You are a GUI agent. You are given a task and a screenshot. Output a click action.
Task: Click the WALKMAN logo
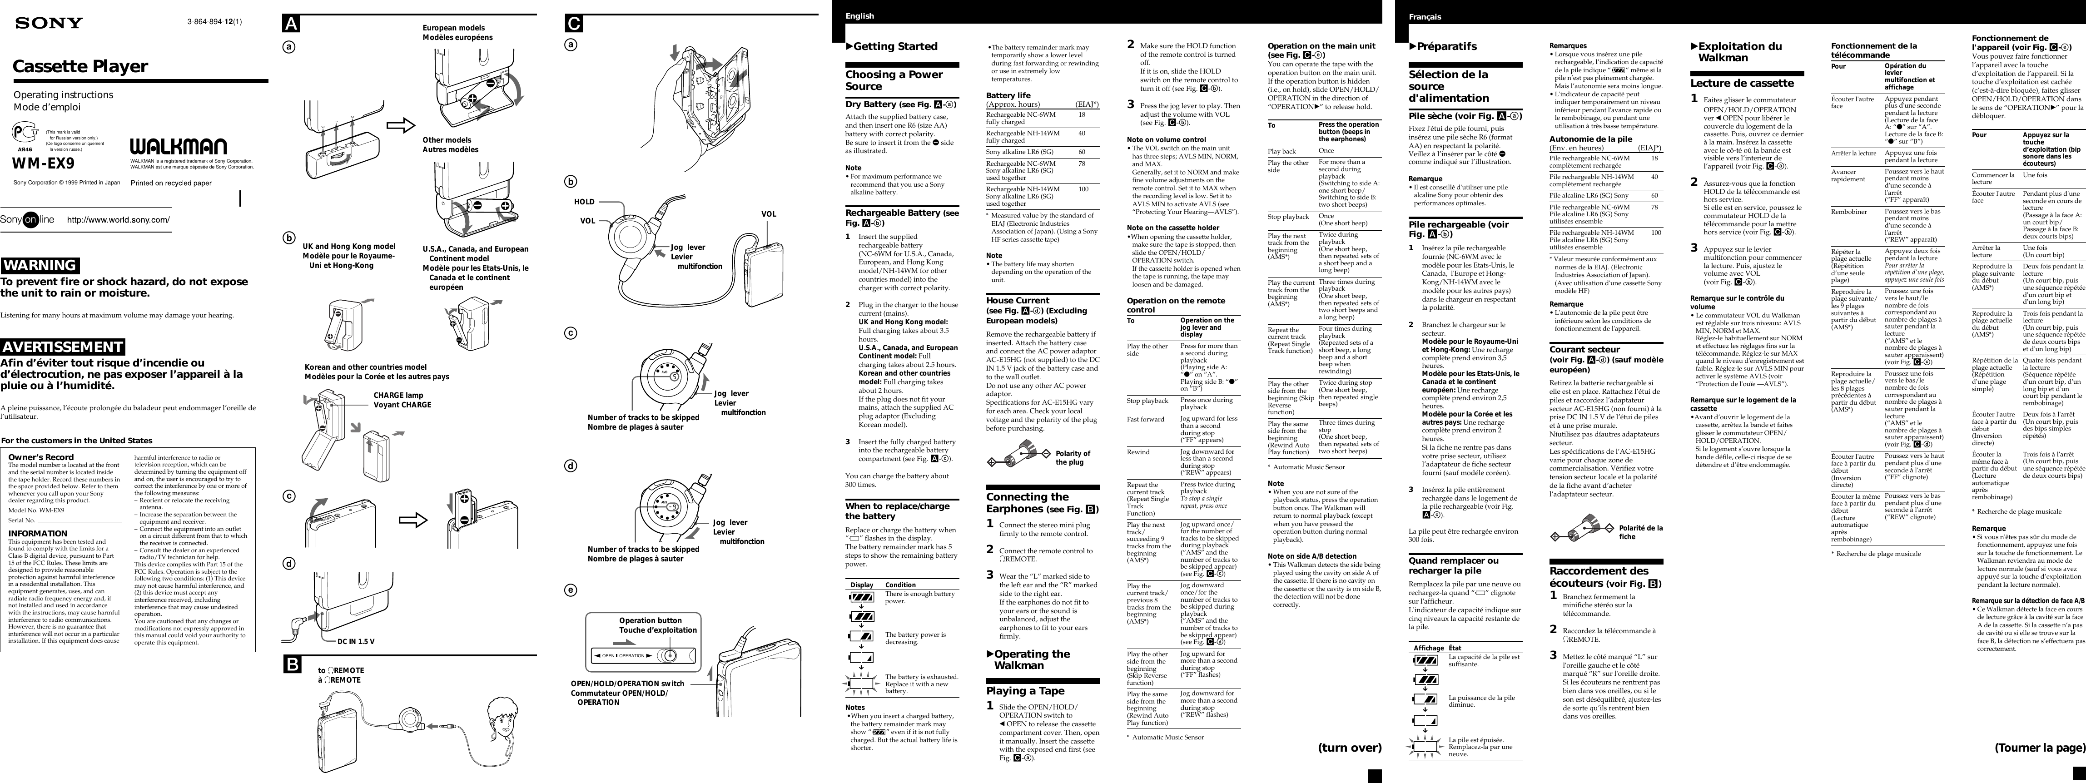point(178,147)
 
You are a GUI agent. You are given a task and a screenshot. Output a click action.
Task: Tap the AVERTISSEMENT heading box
point(62,347)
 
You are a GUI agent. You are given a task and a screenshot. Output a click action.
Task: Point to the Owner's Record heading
point(40,457)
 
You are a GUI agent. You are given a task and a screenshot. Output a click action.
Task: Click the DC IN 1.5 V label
point(356,641)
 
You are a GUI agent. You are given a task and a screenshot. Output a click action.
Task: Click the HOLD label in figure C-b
point(584,202)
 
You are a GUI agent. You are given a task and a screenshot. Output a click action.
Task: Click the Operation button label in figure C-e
point(650,620)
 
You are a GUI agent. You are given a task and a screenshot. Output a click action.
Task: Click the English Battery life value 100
point(1083,188)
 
